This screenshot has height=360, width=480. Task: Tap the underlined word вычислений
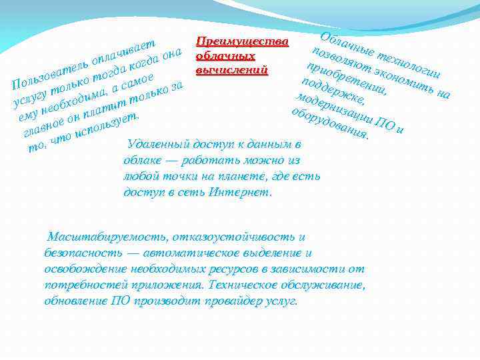pos(231,69)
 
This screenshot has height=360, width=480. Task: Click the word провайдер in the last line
pos(231,301)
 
